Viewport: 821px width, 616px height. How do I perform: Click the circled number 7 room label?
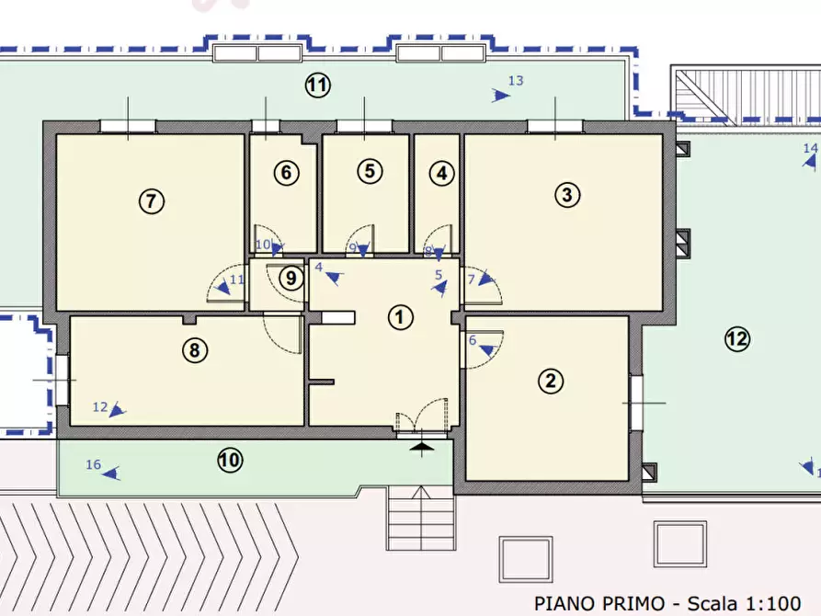point(152,201)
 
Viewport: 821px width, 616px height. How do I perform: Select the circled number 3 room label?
point(567,196)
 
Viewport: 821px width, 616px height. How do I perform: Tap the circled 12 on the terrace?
point(737,339)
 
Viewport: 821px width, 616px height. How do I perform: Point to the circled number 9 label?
point(291,279)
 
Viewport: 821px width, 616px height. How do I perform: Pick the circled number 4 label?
point(442,174)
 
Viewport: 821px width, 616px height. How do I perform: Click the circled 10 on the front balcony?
point(229,461)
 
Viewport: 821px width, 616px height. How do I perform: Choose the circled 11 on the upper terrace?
point(318,85)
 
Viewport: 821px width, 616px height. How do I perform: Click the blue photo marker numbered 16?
point(103,469)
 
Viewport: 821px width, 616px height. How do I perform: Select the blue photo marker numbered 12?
point(109,408)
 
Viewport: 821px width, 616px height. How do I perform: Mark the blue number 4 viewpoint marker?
point(330,273)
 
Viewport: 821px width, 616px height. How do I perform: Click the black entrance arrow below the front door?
point(421,447)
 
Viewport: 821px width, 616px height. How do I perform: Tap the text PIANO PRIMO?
point(599,603)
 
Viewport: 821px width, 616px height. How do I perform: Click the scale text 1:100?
point(773,603)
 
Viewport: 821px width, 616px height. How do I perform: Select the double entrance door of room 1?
point(422,416)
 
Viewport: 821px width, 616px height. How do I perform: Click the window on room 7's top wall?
point(128,126)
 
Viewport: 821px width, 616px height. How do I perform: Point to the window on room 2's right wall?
point(635,403)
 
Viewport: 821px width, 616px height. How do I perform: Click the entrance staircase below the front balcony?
point(421,518)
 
